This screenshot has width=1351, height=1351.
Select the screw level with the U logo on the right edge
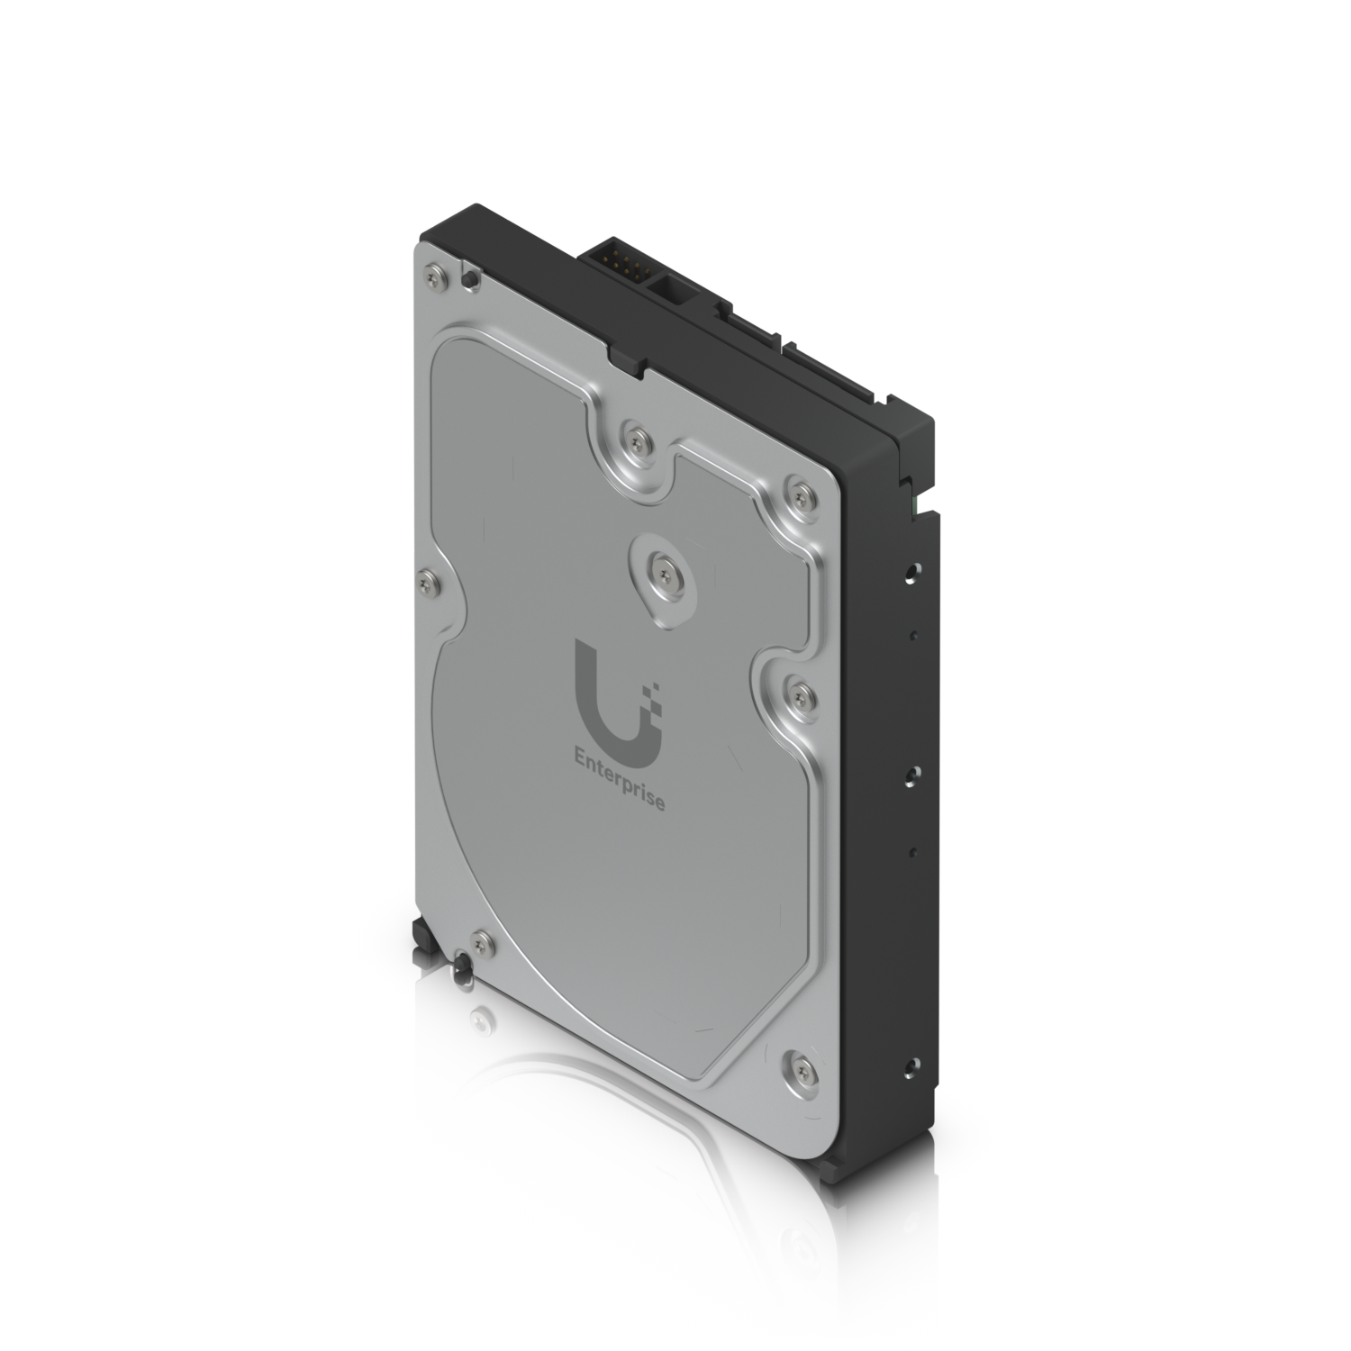pyautogui.click(x=793, y=692)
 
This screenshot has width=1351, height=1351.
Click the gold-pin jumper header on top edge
pyautogui.click(x=618, y=261)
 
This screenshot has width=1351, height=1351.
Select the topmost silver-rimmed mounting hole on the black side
pyautogui.click(x=913, y=569)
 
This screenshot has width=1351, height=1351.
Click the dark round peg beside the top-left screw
pyautogui.click(x=468, y=280)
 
